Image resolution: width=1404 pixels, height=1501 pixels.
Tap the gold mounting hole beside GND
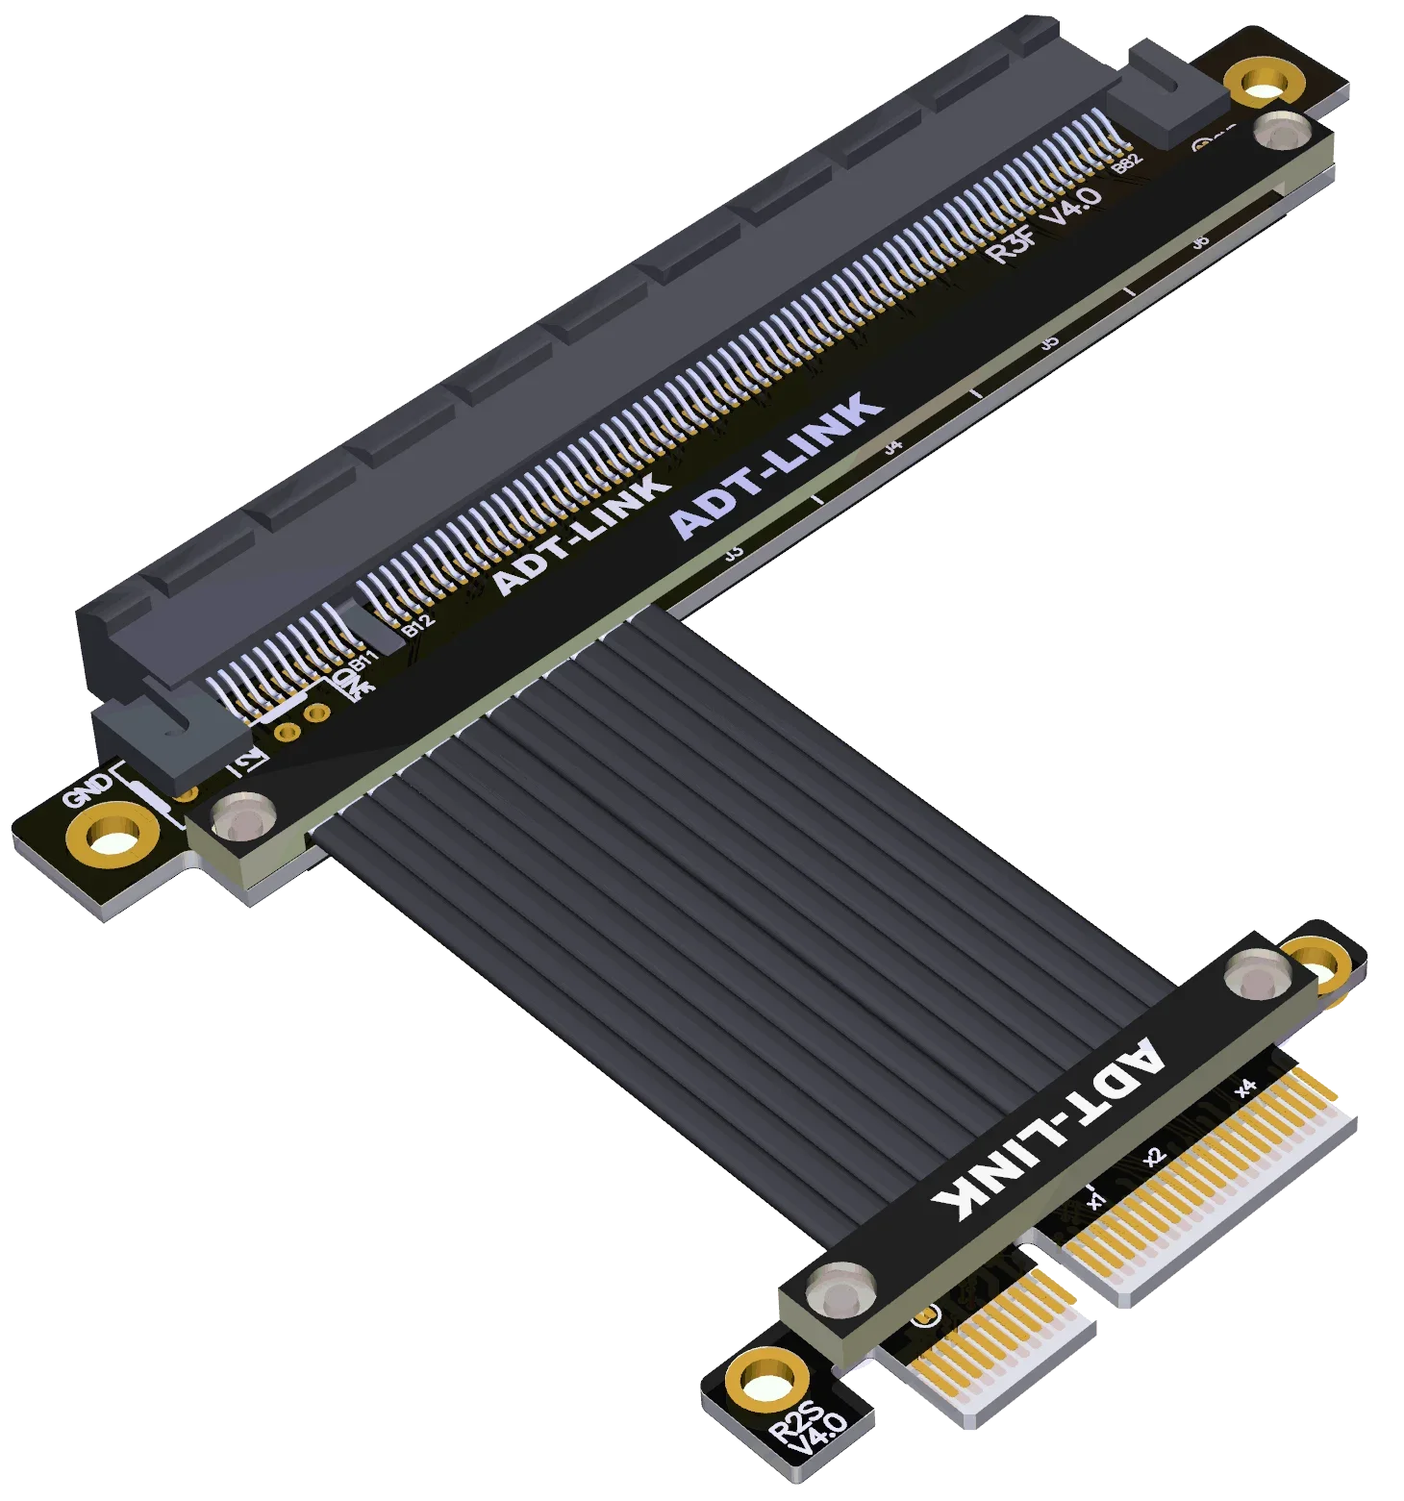tap(113, 835)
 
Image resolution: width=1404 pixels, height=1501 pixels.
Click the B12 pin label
tap(418, 623)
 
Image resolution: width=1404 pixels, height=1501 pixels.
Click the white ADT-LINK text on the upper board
tap(580, 535)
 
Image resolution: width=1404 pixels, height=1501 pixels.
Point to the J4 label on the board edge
tap(893, 446)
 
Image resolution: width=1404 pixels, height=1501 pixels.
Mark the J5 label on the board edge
tap(1050, 342)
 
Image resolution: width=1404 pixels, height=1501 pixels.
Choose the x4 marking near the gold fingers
tap(1246, 1088)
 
